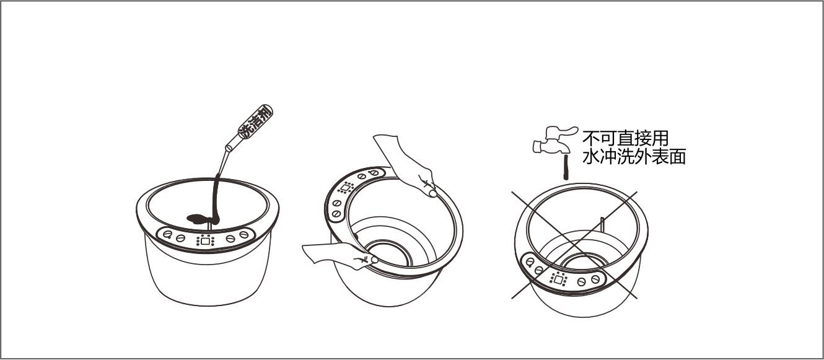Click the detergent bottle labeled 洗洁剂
(250, 127)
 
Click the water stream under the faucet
(566, 167)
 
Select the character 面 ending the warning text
(678, 157)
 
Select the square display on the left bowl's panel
(206, 241)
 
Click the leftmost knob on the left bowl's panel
(167, 234)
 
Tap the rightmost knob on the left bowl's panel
(244, 234)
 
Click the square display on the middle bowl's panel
(346, 188)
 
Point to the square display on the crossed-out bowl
(558, 280)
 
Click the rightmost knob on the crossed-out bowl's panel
(595, 279)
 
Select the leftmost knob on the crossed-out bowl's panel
(530, 262)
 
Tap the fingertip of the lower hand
(374, 260)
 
